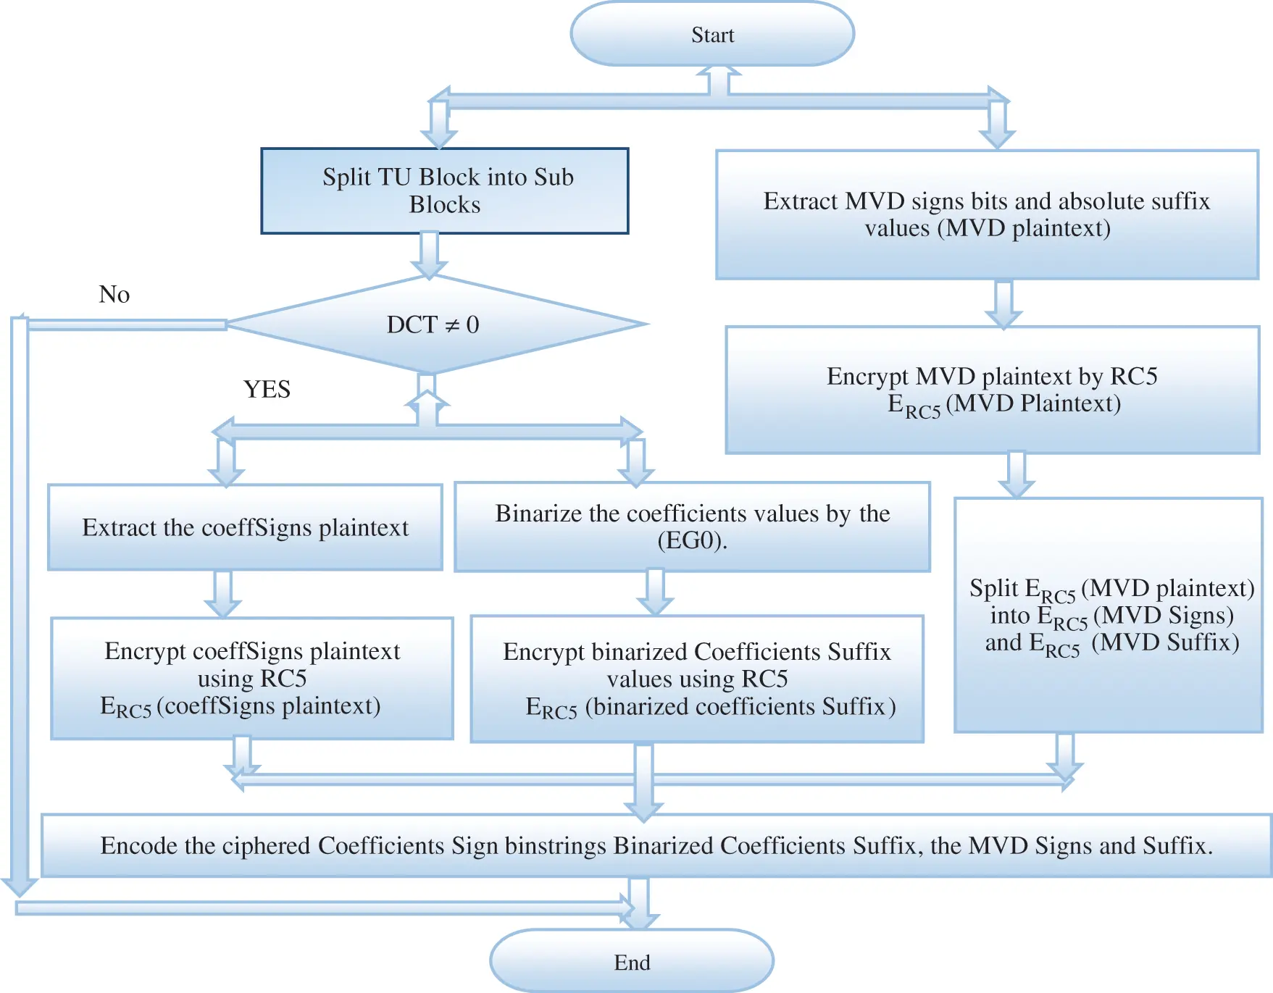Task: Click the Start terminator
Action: click(x=712, y=34)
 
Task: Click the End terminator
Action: click(x=632, y=962)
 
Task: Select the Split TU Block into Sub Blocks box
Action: click(x=445, y=191)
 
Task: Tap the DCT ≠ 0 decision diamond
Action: click(x=433, y=324)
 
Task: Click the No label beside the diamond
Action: click(x=114, y=294)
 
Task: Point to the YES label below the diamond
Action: click(x=267, y=389)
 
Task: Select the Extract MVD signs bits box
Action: click(x=987, y=214)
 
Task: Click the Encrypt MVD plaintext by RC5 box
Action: click(x=992, y=390)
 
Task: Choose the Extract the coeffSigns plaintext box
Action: click(x=245, y=527)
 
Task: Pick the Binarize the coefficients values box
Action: click(x=692, y=527)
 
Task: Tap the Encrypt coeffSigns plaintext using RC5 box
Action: click(x=252, y=678)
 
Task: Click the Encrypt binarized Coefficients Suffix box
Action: click(x=697, y=679)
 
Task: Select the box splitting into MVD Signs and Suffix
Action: click(x=1108, y=615)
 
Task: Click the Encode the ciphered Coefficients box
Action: click(x=656, y=845)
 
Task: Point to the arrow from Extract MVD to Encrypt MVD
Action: click(x=1003, y=303)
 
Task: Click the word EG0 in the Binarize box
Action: click(x=691, y=540)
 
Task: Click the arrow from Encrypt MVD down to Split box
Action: click(x=1017, y=474)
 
